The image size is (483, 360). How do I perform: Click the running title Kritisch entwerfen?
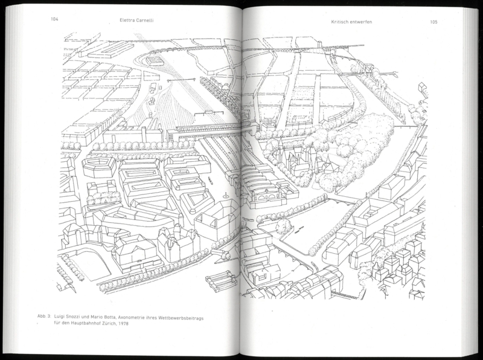coord(351,22)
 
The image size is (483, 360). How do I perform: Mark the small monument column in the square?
coord(225,194)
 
